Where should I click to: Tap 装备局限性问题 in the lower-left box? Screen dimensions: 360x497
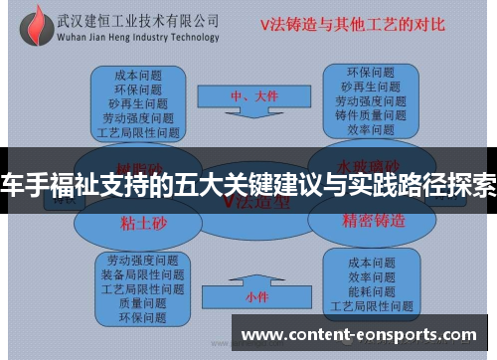[142, 274]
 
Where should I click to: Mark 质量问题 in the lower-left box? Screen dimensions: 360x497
[142, 304]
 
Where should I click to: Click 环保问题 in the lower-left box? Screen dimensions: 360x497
[142, 318]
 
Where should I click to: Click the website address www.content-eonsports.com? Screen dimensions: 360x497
[360, 335]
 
